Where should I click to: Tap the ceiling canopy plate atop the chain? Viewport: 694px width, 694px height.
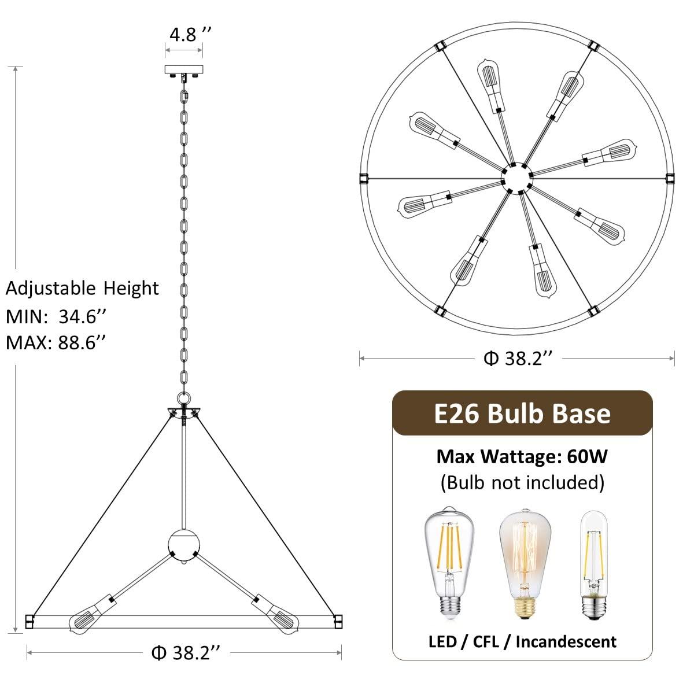[184, 70]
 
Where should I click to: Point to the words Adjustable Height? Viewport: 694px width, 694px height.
[82, 288]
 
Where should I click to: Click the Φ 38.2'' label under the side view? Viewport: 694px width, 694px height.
[185, 653]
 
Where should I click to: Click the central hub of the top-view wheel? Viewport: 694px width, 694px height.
[516, 175]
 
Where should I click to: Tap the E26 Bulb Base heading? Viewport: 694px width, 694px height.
[522, 414]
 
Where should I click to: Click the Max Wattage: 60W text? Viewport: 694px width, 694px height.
[522, 457]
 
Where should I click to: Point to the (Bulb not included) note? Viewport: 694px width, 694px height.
[522, 482]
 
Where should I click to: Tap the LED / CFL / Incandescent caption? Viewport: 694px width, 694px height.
[522, 641]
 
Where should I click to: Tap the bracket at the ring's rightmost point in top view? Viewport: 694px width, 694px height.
[670, 177]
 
